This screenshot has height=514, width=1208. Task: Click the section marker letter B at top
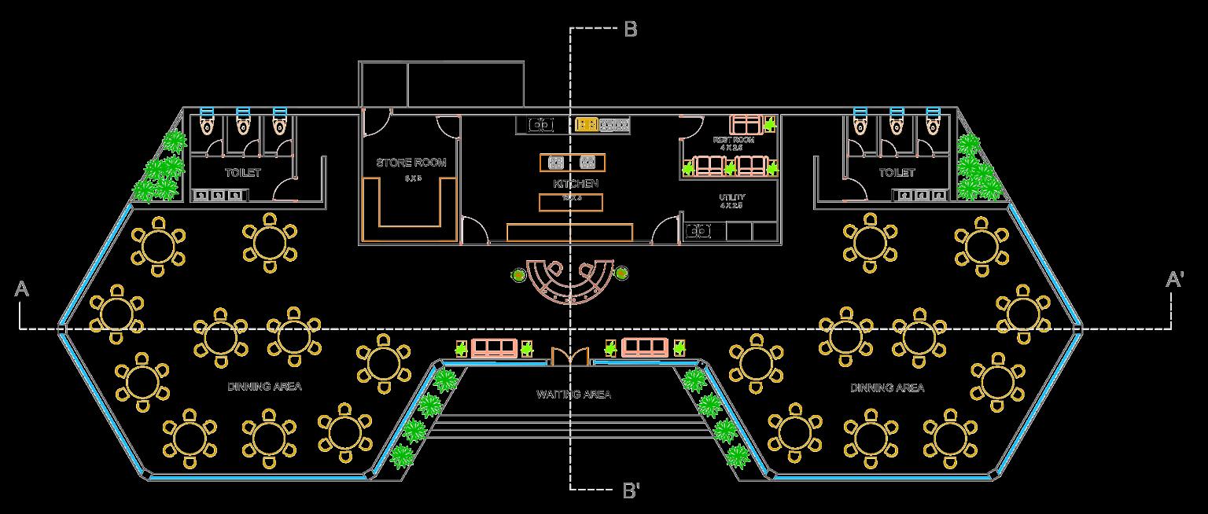(631, 30)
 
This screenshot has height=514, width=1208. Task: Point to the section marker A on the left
(22, 290)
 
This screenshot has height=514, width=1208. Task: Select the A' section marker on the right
(1175, 281)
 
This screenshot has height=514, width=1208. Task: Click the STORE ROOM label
(411, 163)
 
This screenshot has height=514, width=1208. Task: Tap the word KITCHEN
(576, 183)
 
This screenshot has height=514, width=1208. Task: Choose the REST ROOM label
(733, 140)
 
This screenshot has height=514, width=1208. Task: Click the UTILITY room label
(732, 197)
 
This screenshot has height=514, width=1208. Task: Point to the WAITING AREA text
(574, 394)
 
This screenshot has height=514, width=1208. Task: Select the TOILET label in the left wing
(242, 172)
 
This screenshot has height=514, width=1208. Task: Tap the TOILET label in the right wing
(897, 172)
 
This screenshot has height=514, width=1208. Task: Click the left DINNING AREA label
(264, 387)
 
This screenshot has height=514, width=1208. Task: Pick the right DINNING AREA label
(887, 387)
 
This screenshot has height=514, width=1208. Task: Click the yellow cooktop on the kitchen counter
(586, 124)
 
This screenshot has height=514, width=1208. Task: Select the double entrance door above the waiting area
(569, 358)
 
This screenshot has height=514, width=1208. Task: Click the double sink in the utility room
(698, 231)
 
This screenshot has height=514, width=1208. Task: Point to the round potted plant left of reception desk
(517, 274)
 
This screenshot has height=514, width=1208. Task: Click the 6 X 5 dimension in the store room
(413, 178)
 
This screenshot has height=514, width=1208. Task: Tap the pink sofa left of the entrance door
(495, 347)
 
